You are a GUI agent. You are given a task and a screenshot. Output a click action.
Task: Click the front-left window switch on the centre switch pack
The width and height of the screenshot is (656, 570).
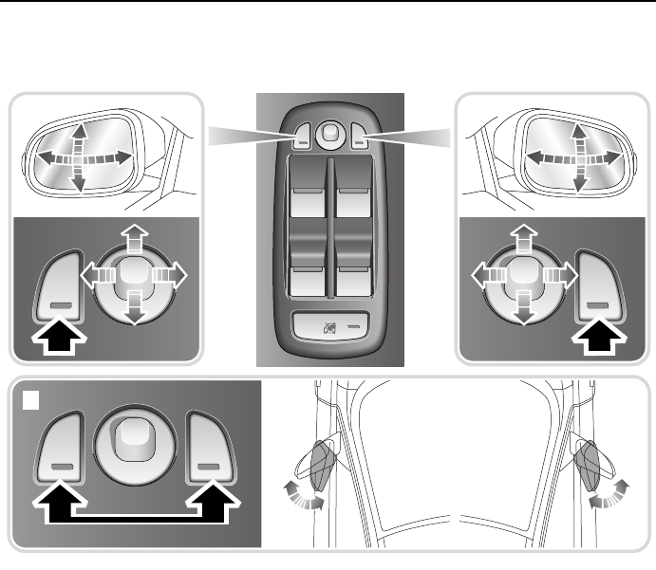[305, 203]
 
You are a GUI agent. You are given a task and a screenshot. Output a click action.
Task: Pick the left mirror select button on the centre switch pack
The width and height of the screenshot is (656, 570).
[303, 138]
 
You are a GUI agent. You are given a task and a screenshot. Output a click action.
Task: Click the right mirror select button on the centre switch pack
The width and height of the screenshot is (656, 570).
[359, 138]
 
